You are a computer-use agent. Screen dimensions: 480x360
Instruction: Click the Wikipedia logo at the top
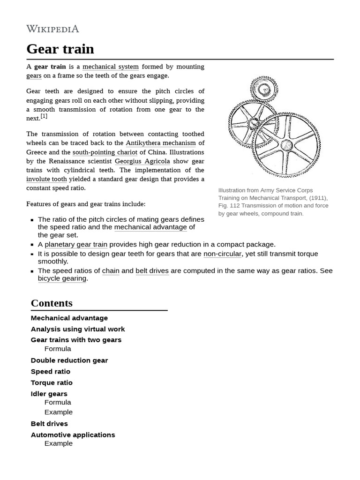[x=52, y=29]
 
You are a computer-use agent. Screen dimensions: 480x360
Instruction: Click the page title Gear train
[x=60, y=49]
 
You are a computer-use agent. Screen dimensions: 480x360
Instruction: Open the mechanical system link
[x=110, y=67]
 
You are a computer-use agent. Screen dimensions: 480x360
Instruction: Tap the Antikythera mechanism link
[x=161, y=143]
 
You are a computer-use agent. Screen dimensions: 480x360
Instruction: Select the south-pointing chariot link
[x=105, y=152]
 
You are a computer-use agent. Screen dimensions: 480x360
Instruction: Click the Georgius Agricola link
[x=142, y=161]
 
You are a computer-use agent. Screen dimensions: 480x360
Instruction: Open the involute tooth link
[x=46, y=179]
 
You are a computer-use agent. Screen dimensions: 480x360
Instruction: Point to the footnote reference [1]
[x=44, y=116]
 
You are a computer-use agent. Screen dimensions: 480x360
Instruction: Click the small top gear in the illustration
[x=264, y=89]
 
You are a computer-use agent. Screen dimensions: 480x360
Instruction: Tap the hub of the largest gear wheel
[x=287, y=144]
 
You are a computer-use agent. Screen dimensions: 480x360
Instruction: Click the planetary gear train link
[x=76, y=244]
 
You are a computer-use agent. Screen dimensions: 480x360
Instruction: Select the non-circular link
[x=222, y=254]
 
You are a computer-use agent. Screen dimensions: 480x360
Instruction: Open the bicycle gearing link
[x=62, y=278]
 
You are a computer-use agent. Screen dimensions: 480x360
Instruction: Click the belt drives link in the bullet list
[x=152, y=271]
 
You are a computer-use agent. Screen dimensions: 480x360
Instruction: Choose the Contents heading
[x=52, y=303]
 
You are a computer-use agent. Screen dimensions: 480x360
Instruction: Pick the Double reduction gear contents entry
[x=69, y=360]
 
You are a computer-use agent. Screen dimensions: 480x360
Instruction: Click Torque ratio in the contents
[x=52, y=382]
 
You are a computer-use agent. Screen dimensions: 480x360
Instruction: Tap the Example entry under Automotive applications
[x=59, y=443]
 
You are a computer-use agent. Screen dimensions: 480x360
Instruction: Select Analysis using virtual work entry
[x=78, y=329]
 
